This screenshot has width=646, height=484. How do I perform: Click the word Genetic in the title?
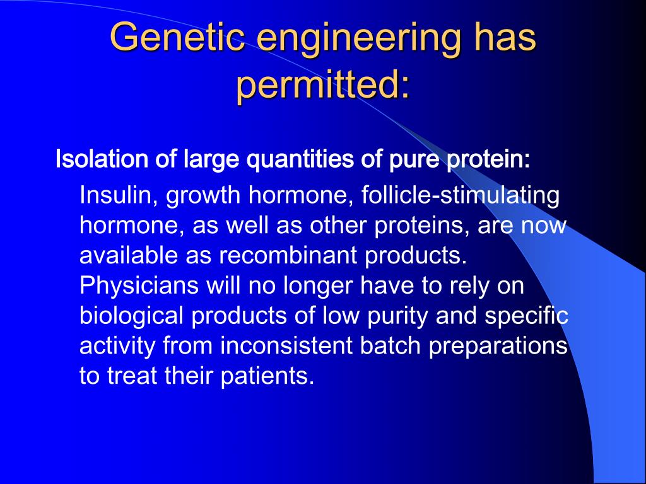coord(178,37)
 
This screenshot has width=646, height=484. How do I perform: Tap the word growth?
coord(203,196)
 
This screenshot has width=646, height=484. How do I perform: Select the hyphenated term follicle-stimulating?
coord(461,196)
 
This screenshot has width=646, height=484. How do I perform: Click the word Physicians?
coord(139,285)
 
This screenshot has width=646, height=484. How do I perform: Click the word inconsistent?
coord(286,345)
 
